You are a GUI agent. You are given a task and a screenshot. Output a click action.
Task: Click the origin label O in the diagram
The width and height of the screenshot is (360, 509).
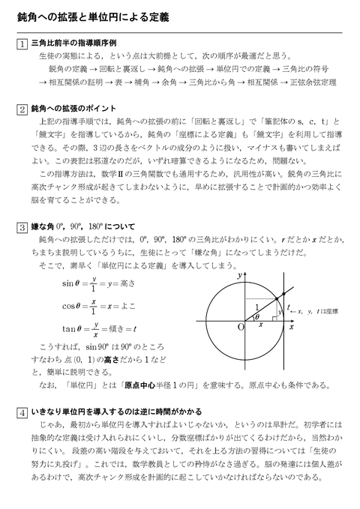click(240, 327)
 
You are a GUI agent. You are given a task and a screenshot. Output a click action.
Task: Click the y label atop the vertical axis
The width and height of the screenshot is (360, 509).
click(239, 274)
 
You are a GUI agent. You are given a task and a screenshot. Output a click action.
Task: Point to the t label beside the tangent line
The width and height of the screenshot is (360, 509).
click(289, 307)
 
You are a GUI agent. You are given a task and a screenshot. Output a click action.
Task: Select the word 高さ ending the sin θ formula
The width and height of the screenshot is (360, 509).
click(127, 285)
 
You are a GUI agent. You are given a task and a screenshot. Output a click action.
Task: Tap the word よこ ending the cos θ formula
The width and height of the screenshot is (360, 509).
click(127, 306)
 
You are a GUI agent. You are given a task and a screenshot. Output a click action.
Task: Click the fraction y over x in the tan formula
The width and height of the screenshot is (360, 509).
click(95, 329)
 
